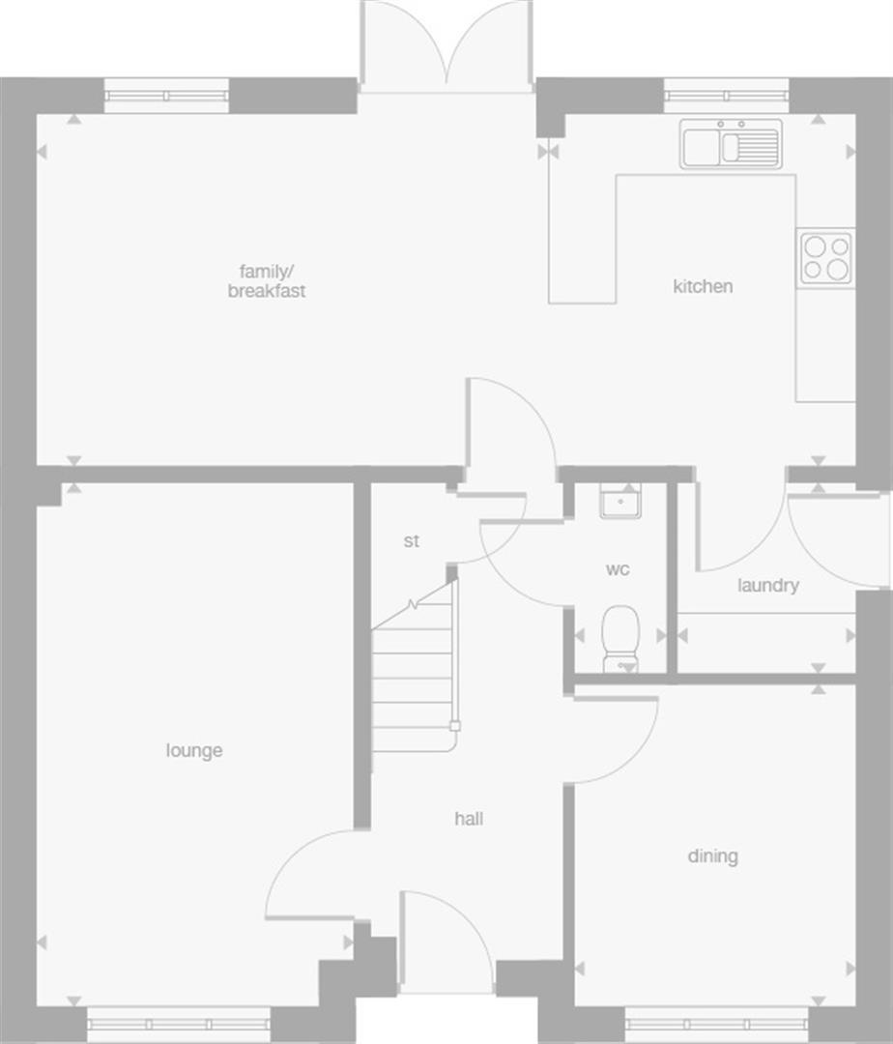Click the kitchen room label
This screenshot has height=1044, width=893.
[x=703, y=286]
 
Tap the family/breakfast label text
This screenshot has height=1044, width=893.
[x=267, y=281]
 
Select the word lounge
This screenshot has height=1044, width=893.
[x=193, y=750]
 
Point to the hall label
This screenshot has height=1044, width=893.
[x=469, y=819]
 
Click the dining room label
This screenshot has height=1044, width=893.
[x=712, y=855]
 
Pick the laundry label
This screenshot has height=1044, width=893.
[x=767, y=585]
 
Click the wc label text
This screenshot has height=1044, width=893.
[x=618, y=569]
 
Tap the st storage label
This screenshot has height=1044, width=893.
[x=412, y=541]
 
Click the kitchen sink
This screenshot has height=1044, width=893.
[x=731, y=144]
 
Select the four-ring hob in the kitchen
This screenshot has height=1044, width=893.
[x=825, y=258]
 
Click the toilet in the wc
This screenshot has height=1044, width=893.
[x=619, y=637]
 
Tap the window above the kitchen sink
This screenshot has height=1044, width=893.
[x=727, y=96]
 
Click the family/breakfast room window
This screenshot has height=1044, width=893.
[x=166, y=96]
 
